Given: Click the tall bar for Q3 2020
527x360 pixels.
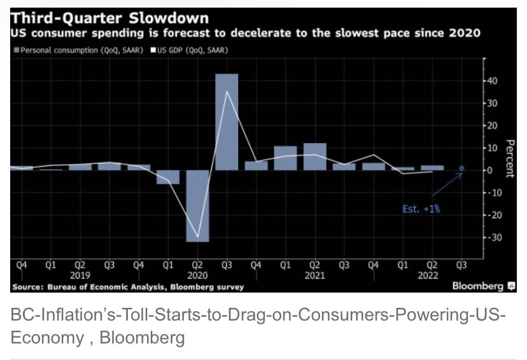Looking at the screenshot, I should (227, 122).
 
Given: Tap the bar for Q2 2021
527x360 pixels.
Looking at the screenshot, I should (314, 156).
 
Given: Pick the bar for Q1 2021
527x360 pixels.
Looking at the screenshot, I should (285, 158).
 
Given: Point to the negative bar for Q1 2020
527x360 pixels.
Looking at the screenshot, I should (168, 177).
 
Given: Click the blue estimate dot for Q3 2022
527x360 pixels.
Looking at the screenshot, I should (461, 169).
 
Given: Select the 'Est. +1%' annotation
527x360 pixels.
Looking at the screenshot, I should (421, 208).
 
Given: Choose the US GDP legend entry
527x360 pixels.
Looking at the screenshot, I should (192, 50).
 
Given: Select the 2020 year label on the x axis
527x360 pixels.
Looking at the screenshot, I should (197, 277).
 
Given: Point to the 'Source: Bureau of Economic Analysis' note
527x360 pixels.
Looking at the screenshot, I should (127, 287).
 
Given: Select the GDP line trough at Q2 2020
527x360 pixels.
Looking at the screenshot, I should (197, 237).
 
